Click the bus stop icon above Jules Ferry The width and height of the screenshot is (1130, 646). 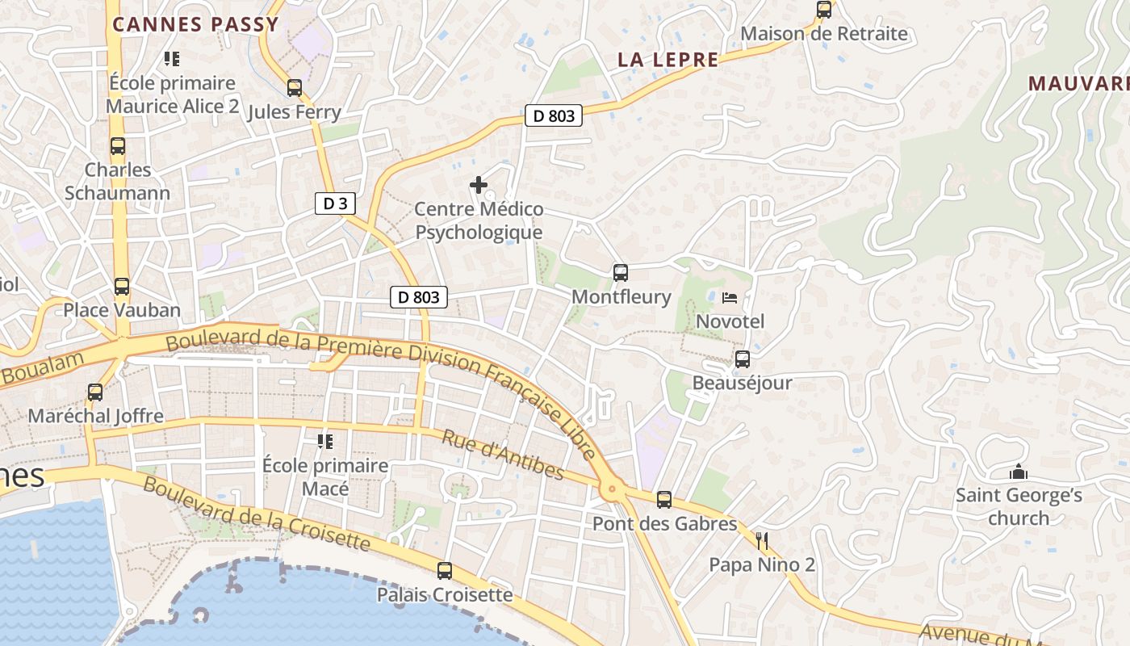[295, 88]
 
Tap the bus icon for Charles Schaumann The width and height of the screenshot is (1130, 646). [118, 146]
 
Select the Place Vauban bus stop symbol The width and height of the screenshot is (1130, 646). [122, 287]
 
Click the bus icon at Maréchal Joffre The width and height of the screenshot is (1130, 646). [95, 392]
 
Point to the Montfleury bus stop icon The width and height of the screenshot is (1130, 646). [620, 273]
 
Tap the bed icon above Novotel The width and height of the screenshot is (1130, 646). [730, 298]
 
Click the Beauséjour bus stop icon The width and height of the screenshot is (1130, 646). [743, 359]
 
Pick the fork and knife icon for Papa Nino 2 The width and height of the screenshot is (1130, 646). [762, 541]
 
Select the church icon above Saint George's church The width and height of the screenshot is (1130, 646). [1019, 472]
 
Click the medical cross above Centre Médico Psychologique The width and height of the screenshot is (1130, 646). [479, 185]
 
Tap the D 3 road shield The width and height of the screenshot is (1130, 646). [335, 203]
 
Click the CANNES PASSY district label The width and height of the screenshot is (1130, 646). [195, 24]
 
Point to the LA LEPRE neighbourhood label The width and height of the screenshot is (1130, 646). [668, 59]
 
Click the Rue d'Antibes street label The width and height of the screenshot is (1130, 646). [502, 454]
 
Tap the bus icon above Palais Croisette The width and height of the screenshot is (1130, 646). [445, 571]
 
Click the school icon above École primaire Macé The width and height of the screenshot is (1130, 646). [325, 441]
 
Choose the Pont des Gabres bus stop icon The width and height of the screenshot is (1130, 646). [664, 500]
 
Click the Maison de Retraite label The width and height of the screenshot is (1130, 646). [824, 34]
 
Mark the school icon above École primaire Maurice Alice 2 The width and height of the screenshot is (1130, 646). [171, 58]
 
